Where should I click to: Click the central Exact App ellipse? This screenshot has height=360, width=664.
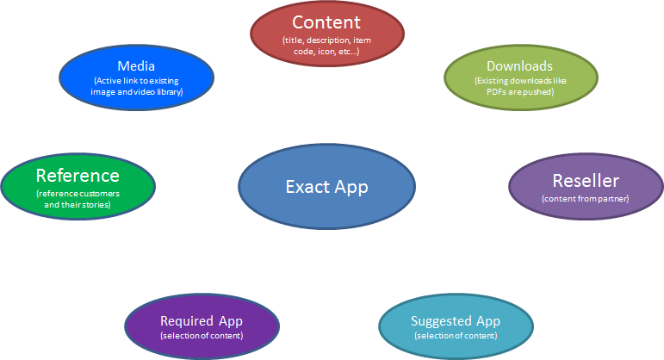tap(326, 186)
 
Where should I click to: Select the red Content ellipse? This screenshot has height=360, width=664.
tap(327, 34)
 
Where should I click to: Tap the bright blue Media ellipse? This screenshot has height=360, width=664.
tap(136, 78)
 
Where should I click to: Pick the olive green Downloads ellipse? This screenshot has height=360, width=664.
tap(521, 78)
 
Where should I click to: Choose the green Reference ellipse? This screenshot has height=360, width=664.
tap(78, 186)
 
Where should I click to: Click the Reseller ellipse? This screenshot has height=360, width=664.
tap(586, 186)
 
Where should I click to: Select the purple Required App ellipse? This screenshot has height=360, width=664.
tap(202, 326)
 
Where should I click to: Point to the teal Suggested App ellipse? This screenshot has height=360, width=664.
tap(456, 326)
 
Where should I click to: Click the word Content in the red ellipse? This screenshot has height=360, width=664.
tap(326, 22)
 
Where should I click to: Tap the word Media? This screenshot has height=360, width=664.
tap(136, 66)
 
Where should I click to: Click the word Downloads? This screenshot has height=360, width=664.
tap(519, 66)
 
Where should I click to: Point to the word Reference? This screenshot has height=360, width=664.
tap(78, 176)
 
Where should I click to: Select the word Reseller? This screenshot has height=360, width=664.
tap(586, 181)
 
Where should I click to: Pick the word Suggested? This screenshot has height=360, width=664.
tap(441, 321)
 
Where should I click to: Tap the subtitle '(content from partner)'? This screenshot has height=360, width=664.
tap(586, 199)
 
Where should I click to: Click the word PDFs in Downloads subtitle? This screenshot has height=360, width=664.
tap(495, 91)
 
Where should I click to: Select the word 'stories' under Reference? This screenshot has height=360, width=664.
tap(96, 205)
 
